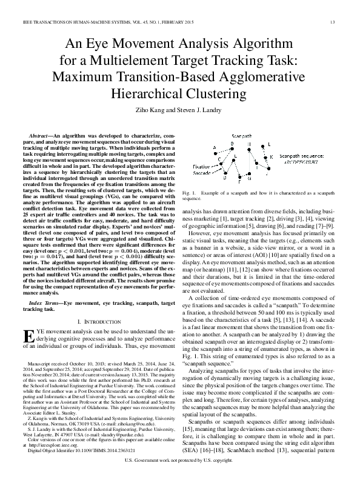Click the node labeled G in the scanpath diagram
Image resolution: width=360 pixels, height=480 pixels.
249,180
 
